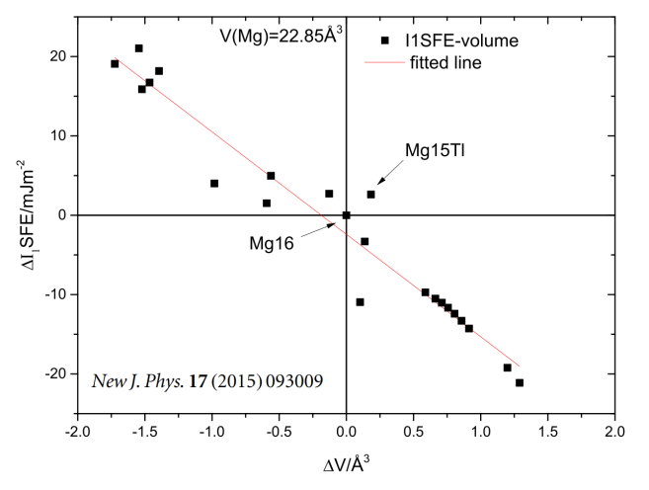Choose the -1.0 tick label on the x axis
pyautogui.click(x=211, y=430)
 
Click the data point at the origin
pyautogui.click(x=346, y=214)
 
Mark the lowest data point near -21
pyautogui.click(x=520, y=382)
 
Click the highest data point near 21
pyautogui.click(x=139, y=48)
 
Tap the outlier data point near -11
pyautogui.click(x=360, y=302)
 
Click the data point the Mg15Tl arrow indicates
pyautogui.click(x=370, y=195)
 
